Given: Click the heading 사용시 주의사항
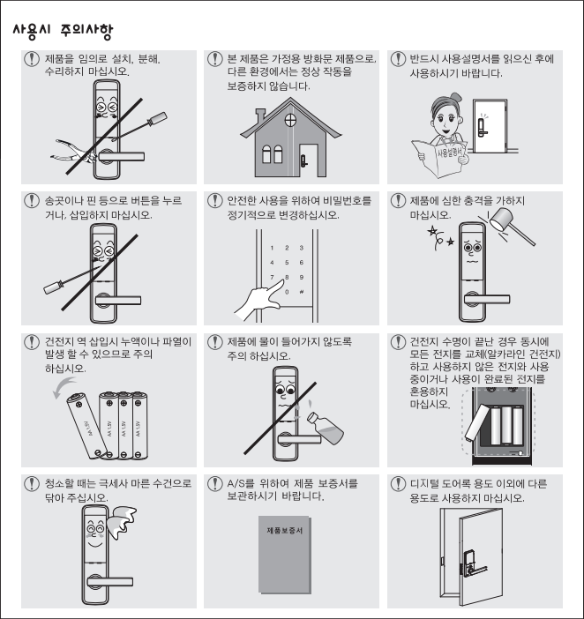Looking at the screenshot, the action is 63,31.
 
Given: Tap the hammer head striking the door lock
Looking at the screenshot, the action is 501,219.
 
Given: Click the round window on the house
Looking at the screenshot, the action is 290,120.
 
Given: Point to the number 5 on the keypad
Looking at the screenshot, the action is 287,263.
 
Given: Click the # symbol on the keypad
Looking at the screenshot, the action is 302,292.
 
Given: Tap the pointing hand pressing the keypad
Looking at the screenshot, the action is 259,300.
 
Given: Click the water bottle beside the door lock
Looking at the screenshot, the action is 325,428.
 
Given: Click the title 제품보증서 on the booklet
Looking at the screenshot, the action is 285,530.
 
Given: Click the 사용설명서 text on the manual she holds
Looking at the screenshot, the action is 449,153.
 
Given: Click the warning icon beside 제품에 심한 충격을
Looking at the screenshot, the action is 398,200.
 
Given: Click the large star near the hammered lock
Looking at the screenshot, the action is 433,230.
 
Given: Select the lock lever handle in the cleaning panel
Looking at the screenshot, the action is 110,581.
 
